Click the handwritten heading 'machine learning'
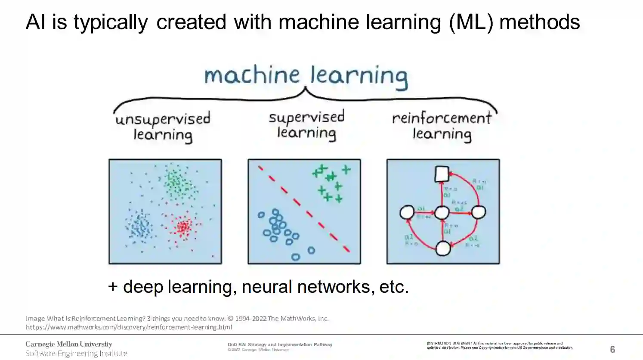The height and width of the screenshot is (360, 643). (306, 76)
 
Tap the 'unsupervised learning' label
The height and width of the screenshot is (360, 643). (163, 126)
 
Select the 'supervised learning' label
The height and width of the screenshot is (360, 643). (306, 125)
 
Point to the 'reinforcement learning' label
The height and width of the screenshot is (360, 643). (442, 126)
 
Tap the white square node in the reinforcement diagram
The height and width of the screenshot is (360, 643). (442, 174)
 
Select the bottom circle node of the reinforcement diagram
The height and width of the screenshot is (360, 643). (443, 248)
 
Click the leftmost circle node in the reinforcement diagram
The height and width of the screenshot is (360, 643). (407, 212)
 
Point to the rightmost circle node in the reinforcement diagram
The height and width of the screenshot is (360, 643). (478, 212)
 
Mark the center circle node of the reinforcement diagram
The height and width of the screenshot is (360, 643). (442, 212)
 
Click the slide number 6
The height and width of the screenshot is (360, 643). (612, 349)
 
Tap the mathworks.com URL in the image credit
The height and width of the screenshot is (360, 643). (129, 327)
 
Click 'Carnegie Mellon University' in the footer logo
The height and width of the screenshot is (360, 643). (69, 344)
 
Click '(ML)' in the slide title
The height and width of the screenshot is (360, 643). (471, 22)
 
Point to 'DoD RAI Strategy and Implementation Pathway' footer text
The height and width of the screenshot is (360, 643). (280, 344)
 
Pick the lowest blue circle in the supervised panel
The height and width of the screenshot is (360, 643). (295, 257)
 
